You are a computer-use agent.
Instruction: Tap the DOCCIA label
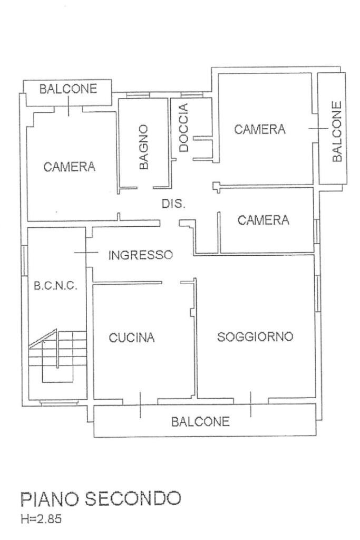click(183, 128)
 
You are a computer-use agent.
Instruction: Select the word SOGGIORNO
click(255, 336)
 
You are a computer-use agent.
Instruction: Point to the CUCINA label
click(132, 338)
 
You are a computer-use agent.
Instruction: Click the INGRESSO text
click(140, 256)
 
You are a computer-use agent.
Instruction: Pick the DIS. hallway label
click(173, 204)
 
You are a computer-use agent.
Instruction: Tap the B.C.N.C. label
click(56, 286)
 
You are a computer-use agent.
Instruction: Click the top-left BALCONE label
click(69, 89)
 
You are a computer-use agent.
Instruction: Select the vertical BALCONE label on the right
click(337, 131)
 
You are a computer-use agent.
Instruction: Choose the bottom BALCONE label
click(201, 421)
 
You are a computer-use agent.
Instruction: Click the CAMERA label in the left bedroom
click(70, 167)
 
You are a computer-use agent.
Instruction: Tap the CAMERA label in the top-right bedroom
click(259, 129)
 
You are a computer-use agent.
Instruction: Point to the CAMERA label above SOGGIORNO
click(264, 220)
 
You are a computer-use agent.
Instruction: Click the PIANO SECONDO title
click(101, 498)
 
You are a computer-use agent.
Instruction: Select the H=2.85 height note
click(41, 519)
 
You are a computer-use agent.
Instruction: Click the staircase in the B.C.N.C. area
click(58, 355)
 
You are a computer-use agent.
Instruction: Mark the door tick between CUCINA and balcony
click(140, 405)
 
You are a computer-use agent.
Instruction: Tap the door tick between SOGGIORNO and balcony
click(250, 404)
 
